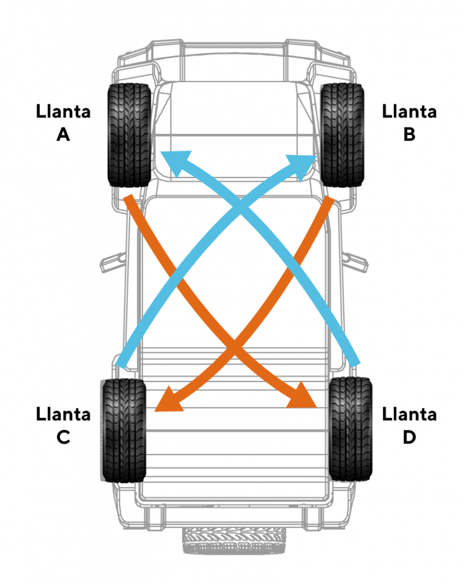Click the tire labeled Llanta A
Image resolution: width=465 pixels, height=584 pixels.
(129, 135)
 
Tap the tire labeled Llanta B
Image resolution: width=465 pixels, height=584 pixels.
(342, 135)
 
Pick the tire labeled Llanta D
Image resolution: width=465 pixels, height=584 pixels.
(350, 429)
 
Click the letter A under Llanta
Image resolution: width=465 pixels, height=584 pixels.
(63, 135)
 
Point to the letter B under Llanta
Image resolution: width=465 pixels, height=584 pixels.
(409, 135)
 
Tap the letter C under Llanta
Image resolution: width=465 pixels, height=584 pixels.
(63, 437)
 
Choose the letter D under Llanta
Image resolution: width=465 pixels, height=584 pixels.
(409, 437)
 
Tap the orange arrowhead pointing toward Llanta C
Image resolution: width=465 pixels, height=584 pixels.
(169, 400)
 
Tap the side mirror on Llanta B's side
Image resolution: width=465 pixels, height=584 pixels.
(356, 259)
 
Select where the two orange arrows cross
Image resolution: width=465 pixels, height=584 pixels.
(233, 346)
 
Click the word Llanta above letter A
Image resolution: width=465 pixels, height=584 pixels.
(63, 111)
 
